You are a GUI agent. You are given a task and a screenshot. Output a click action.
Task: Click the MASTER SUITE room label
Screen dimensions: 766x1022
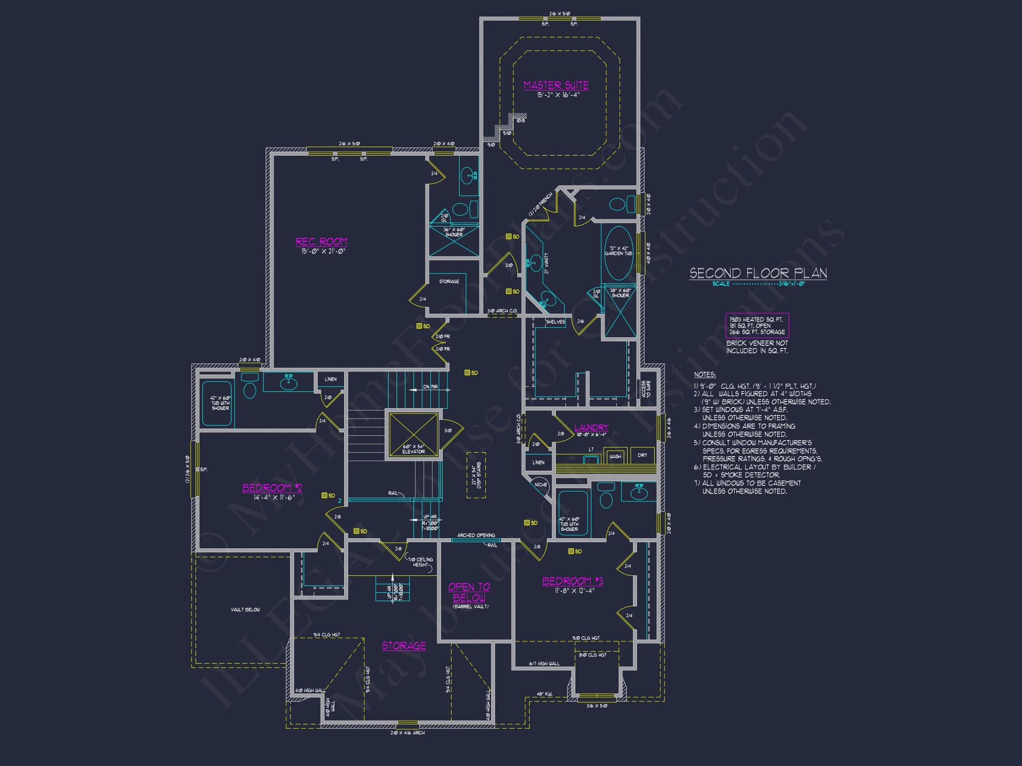pos(556,86)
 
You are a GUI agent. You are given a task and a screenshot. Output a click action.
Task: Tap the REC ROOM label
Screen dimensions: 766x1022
pos(321,242)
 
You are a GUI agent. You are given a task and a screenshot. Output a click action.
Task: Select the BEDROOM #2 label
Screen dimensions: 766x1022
pos(272,488)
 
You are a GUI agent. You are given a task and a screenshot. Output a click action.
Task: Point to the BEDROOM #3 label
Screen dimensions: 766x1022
pos(573,581)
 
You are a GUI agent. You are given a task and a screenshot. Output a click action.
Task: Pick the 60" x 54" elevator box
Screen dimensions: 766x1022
pos(413,435)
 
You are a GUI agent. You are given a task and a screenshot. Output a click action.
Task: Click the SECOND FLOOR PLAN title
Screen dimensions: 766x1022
pos(758,274)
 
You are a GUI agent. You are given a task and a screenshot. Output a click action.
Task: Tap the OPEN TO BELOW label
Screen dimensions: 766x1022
pos(469,592)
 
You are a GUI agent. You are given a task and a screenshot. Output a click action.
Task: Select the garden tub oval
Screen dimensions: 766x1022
pos(618,253)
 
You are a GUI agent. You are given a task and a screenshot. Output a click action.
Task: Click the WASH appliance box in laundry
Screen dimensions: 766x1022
pos(615,456)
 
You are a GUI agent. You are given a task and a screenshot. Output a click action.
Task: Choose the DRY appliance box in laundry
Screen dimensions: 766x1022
pos(642,455)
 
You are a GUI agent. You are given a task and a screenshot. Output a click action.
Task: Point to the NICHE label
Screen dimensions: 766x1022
pos(541,485)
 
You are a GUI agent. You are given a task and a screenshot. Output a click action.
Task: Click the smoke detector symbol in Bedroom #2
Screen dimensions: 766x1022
pos(325,496)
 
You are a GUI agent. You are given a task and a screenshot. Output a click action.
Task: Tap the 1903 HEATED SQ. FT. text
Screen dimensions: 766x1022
pos(756,319)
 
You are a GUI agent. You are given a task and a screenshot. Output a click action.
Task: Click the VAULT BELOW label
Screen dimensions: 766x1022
pos(245,610)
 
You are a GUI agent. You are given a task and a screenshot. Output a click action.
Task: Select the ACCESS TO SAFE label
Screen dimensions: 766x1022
pos(646,389)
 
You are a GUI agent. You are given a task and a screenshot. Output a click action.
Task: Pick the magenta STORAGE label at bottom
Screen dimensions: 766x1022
pos(404,646)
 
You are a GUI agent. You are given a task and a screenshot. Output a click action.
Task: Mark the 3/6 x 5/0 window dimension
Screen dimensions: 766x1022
pos(597,706)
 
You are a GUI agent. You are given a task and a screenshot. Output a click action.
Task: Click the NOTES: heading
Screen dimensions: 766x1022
pos(704,375)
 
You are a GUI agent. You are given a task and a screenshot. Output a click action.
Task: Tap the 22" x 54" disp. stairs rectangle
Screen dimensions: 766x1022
pos(476,475)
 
